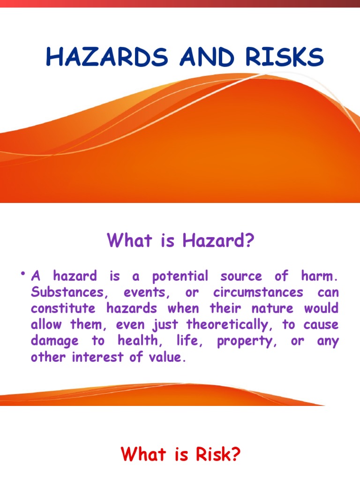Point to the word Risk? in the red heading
[x=215, y=455]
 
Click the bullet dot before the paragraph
[x=22, y=274]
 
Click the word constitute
[x=63, y=309]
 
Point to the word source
[x=245, y=277]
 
